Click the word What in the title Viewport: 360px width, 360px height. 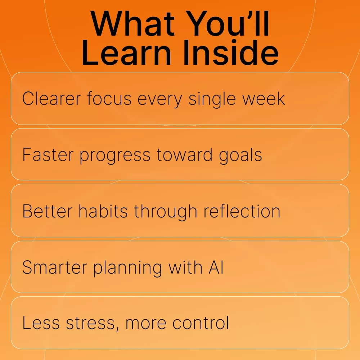point(133,23)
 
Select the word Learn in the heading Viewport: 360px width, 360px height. point(126,53)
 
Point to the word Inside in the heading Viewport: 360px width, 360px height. point(231,53)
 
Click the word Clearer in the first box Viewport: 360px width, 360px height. point(51,99)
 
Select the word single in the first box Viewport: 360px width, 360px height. point(212,100)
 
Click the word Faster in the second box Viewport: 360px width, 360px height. point(48,154)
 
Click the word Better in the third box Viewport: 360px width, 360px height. point(48,211)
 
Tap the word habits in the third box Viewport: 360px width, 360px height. point(103,211)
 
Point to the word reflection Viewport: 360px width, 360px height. point(242,211)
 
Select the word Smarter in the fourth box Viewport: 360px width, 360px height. point(55,267)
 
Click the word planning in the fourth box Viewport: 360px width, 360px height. point(128,268)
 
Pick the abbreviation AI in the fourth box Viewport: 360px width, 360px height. point(216,267)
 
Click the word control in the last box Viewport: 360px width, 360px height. point(201,323)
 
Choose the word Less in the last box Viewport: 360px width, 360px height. point(41,323)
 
